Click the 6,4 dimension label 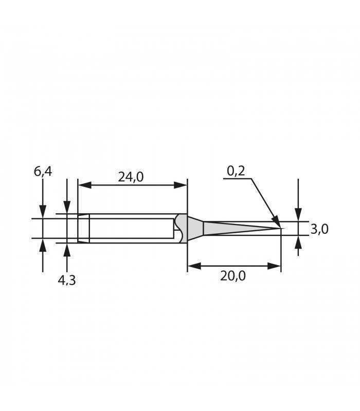[x=43, y=172]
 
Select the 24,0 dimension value [x=131, y=177]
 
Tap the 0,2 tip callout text [x=236, y=171]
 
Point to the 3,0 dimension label [x=319, y=229]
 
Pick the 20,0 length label [x=233, y=276]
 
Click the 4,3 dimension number [x=67, y=281]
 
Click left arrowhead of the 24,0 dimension [x=85, y=185]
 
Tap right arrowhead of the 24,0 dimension [x=181, y=185]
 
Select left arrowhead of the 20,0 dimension [x=194, y=266]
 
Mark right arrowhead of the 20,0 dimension [x=274, y=266]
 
